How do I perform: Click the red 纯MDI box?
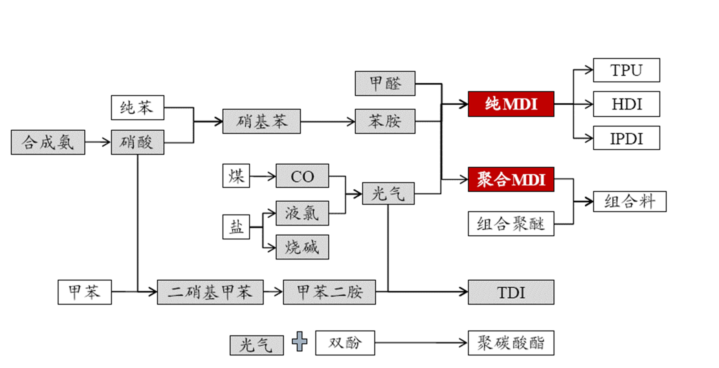[x=511, y=104]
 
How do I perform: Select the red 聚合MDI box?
[x=511, y=179]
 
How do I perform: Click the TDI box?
[x=511, y=292]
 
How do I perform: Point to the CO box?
[x=302, y=176]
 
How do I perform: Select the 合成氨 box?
[x=48, y=142]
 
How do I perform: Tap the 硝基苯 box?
[x=262, y=122]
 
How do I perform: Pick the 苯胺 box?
[x=385, y=122]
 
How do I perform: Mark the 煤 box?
[x=236, y=176]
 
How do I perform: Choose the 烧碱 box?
[x=302, y=247]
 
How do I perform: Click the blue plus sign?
[x=300, y=341]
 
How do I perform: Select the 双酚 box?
[x=345, y=343]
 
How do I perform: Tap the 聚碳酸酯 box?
[x=511, y=343]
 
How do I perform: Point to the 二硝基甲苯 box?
[x=210, y=292]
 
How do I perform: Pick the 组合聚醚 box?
[x=511, y=224]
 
